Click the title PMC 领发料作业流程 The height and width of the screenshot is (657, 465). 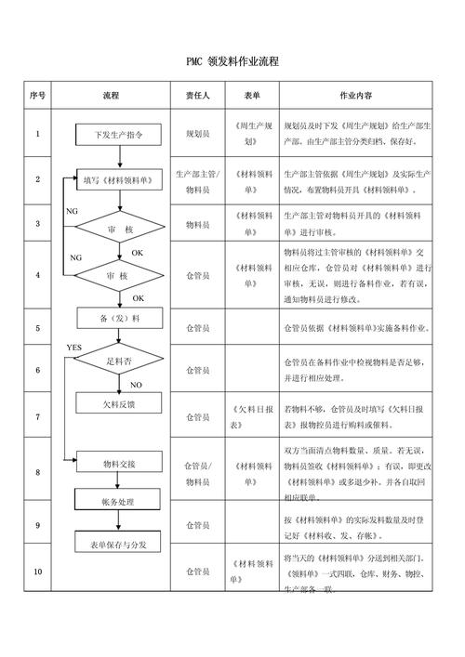(x=232, y=61)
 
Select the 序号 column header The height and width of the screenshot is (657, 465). (x=37, y=96)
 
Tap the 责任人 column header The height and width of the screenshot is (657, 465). (x=197, y=96)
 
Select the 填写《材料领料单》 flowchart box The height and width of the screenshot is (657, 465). (x=118, y=179)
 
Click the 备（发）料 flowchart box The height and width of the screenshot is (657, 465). (x=119, y=319)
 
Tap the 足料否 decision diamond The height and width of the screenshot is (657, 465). (x=119, y=360)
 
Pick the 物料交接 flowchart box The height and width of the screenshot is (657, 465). (x=119, y=463)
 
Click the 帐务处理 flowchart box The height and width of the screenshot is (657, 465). (x=119, y=502)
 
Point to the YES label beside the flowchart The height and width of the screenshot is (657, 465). (x=74, y=347)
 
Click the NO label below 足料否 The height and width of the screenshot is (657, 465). (x=136, y=384)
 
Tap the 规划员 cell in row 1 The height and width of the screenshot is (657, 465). (x=197, y=134)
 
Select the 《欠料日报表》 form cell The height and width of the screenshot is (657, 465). (x=250, y=417)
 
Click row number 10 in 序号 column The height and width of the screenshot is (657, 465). (x=37, y=571)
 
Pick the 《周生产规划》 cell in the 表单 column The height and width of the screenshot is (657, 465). (x=250, y=134)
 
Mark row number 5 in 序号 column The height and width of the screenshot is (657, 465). (x=37, y=328)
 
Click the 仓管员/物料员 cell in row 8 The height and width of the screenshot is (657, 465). (x=197, y=472)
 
